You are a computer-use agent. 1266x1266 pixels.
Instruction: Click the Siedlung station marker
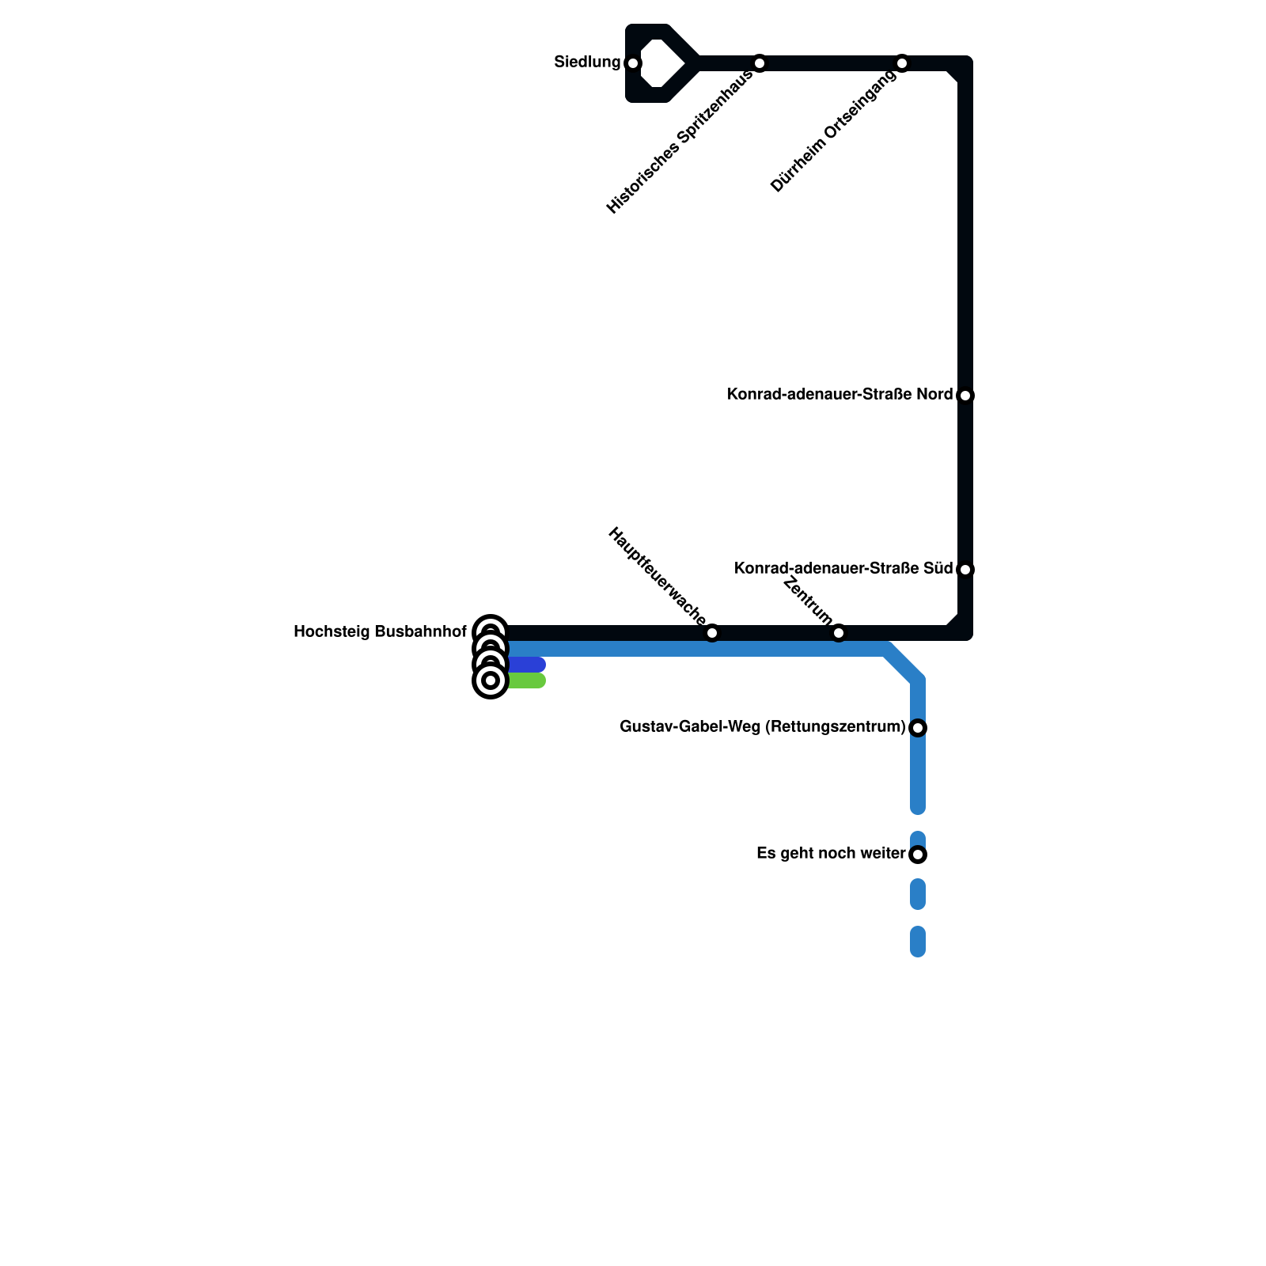pos(632,63)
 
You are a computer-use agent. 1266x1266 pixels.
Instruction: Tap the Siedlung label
pos(587,62)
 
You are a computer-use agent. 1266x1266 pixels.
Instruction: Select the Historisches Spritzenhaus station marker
pos(760,63)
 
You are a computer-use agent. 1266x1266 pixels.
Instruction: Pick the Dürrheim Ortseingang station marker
pos(902,63)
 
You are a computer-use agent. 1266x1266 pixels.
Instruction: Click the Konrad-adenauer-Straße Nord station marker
pos(965,396)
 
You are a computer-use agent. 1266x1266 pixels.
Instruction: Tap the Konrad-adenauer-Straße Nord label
pos(840,394)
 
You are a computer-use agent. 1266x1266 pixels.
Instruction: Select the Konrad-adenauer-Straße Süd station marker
pos(965,570)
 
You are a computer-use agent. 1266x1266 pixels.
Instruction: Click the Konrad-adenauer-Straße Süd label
pos(843,568)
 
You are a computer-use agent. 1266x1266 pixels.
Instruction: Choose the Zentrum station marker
pos(839,633)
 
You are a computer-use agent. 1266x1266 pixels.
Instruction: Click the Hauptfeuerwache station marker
pos(712,633)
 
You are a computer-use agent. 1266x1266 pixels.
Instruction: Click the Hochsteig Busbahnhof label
pos(380,631)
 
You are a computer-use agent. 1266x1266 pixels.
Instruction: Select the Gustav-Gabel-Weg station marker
pos(918,728)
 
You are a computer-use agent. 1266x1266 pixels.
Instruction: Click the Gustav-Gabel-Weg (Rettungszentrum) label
pos(763,726)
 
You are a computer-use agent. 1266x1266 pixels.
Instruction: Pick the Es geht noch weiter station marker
pos(918,855)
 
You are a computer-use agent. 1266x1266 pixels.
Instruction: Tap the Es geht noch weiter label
pos(831,853)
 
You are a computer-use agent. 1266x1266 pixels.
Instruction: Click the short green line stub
pos(526,680)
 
